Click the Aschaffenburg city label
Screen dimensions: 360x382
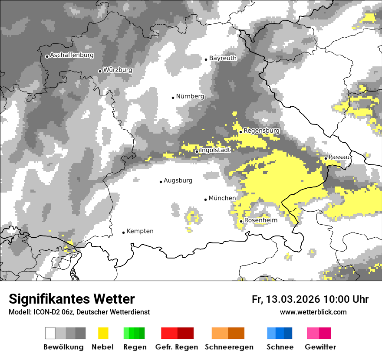coord(72,56)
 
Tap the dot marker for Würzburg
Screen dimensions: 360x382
coord(100,71)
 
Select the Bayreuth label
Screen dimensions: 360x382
coord(223,58)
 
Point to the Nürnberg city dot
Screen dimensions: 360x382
coord(173,98)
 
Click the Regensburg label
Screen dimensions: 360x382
coord(261,131)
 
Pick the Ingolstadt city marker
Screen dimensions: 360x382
coord(196,151)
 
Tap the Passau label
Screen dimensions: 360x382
coord(339,157)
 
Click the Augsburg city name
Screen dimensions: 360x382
coord(178,181)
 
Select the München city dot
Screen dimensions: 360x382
coord(205,200)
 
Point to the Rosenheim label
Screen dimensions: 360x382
coord(260,220)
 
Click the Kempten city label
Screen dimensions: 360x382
coord(140,231)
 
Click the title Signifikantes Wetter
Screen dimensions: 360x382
coord(72,299)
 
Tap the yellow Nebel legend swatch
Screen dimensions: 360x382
coord(103,333)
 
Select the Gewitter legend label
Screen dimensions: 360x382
coord(320,347)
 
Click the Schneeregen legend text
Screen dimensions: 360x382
coord(229,347)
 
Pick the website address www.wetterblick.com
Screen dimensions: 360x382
coord(313,312)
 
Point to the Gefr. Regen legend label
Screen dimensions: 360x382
coord(177,347)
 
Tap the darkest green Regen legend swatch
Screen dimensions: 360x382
coord(142,333)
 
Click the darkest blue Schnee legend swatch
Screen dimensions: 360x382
coord(288,333)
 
